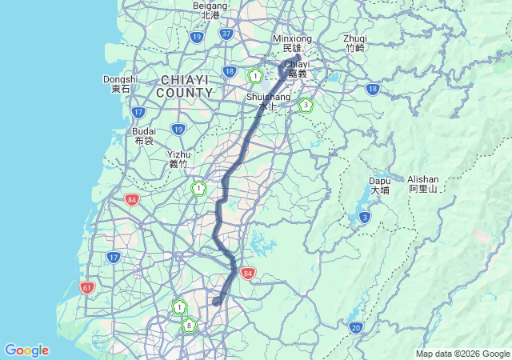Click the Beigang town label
[210, 10]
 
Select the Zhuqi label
[354, 42]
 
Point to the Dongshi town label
[120, 84]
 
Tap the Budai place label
[144, 135]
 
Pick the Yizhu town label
[178, 159]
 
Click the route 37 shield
[226, 34]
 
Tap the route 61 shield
[87, 286]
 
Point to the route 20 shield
[356, 327]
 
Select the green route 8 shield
[189, 325]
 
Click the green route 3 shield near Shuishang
[305, 105]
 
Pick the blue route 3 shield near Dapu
[365, 217]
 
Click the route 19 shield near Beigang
[197, 37]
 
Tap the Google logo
[26, 350]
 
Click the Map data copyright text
[462, 354]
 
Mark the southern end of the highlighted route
[216, 302]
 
